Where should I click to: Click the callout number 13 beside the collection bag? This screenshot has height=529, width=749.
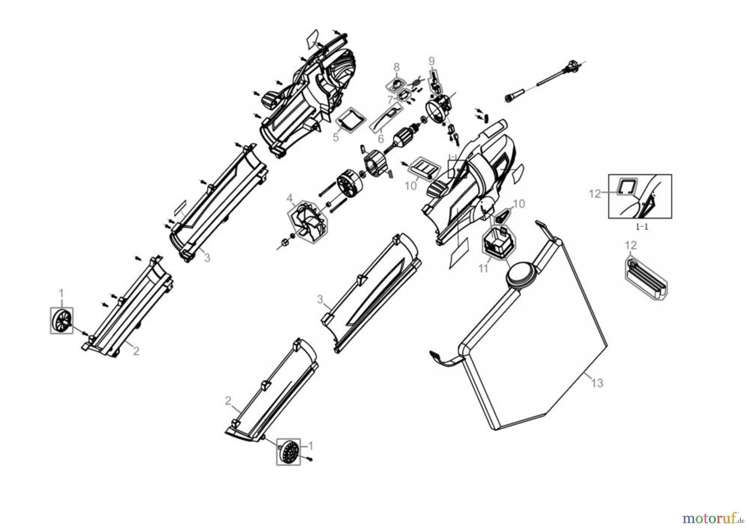coord(597,383)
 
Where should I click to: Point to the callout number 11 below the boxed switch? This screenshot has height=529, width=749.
coord(483,268)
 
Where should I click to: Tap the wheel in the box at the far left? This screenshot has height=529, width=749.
coord(62,320)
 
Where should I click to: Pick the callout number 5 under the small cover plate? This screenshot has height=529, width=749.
coord(335,137)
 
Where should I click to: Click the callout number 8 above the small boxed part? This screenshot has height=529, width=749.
coord(396,67)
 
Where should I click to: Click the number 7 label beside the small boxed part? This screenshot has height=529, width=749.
coord(390,100)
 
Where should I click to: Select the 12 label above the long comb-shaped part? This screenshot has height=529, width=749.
coord(631,245)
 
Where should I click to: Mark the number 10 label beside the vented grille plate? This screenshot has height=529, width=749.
coord(410,186)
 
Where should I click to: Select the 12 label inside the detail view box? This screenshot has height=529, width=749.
coord(595,193)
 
